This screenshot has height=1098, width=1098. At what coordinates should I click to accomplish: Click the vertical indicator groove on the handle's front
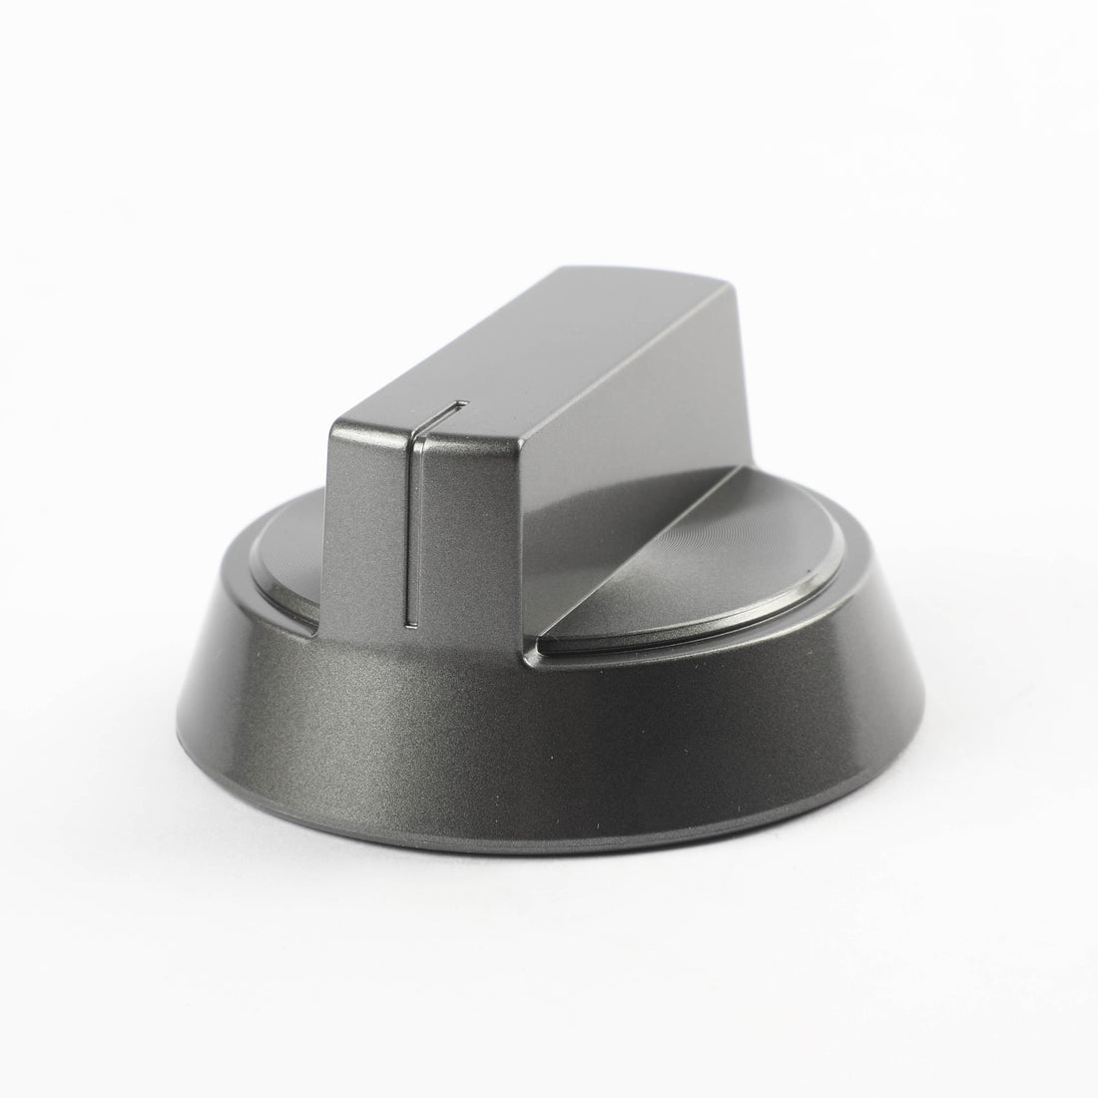pos(410,529)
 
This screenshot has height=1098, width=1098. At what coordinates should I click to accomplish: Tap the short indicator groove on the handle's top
pos(440,408)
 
